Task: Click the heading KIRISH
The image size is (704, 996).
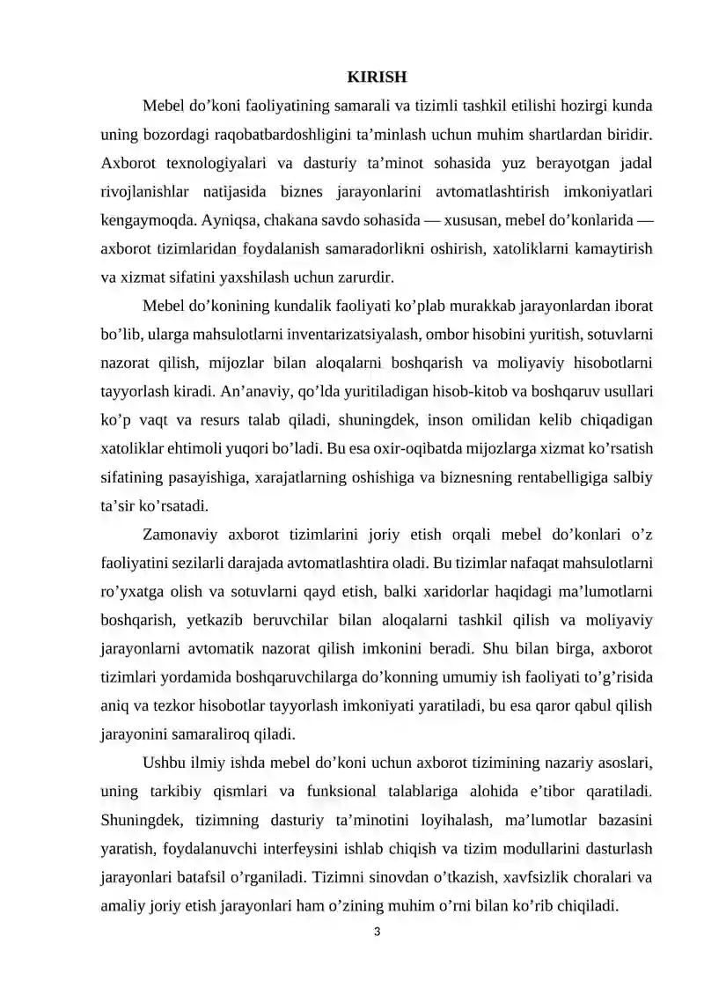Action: point(377,77)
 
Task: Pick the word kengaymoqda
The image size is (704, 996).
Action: point(150,220)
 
